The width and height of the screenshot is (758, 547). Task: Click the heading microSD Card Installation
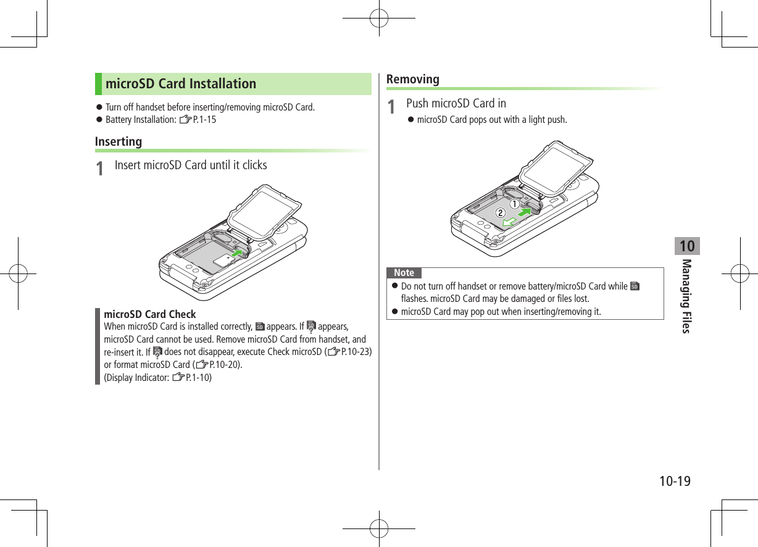[x=180, y=84]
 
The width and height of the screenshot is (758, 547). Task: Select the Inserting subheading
[x=118, y=141]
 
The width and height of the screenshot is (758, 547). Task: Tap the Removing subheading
[x=412, y=79]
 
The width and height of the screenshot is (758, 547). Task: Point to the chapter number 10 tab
[x=686, y=246]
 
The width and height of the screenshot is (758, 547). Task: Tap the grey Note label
[x=404, y=273]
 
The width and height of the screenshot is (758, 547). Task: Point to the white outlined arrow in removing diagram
[x=509, y=220]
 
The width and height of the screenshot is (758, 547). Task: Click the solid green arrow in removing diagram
[x=524, y=212]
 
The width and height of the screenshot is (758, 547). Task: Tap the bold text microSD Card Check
[x=150, y=314]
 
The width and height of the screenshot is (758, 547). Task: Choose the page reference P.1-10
[x=198, y=377]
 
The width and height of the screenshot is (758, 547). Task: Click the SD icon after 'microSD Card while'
[x=635, y=286]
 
